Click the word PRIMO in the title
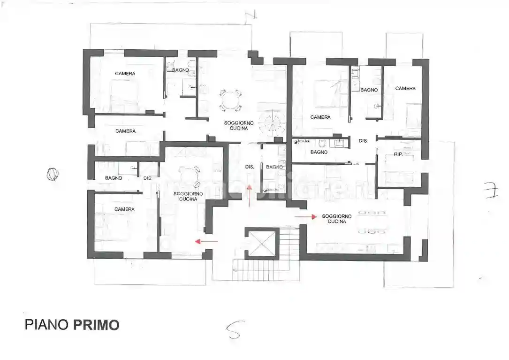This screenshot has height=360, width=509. tap(96, 324)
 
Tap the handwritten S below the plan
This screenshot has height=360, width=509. tap(233, 330)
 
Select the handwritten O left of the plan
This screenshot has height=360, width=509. tap(53, 175)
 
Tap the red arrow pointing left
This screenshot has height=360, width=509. tap(206, 241)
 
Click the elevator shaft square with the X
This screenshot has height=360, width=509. tap(263, 243)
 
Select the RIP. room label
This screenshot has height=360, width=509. tap(398, 154)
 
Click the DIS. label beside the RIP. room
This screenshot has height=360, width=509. tap(363, 140)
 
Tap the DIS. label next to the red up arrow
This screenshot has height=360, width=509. tap(250, 167)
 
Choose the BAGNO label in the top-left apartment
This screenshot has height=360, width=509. tap(181, 70)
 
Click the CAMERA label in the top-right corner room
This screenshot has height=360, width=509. tap(405, 88)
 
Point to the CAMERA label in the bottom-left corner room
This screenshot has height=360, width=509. tap(125, 209)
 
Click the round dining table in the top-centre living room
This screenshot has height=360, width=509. tap(231, 100)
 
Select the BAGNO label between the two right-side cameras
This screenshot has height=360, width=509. tap(369, 90)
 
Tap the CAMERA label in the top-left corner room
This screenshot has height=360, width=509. tap(125, 74)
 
